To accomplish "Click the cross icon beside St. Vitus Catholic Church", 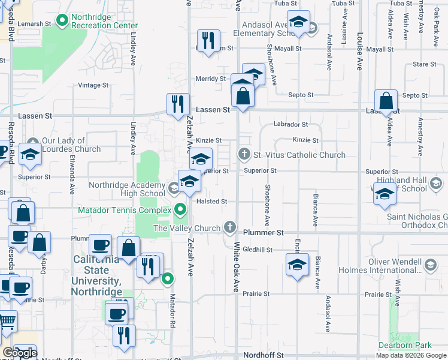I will [244, 155].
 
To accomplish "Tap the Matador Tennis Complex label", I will [125, 210].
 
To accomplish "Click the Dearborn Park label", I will [405, 346].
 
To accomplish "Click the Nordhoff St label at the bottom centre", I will [264, 355].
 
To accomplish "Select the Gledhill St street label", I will [258, 250].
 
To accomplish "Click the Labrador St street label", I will [290, 125].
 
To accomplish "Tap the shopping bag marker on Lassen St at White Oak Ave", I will [243, 95].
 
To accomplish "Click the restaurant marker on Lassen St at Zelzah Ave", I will [178, 104].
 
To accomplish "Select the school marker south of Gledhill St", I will [297, 265].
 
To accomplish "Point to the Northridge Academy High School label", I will [127, 189].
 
